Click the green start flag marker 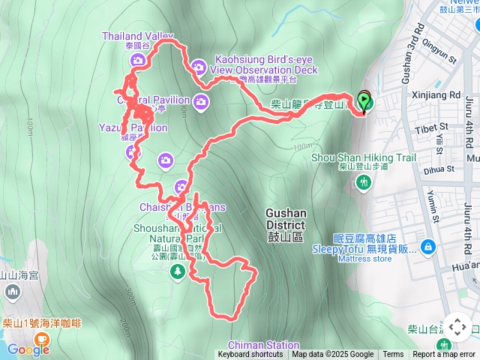click(364, 100)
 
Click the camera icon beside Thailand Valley click(137, 61)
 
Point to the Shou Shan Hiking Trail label click(364, 157)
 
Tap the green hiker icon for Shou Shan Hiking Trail click(364, 181)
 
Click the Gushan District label click(285, 219)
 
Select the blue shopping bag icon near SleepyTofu click(427, 246)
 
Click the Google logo click(28, 349)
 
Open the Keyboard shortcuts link click(250, 355)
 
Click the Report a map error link click(444, 355)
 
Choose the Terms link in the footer click(393, 355)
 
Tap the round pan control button click(457, 328)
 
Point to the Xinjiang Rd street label click(436, 95)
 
